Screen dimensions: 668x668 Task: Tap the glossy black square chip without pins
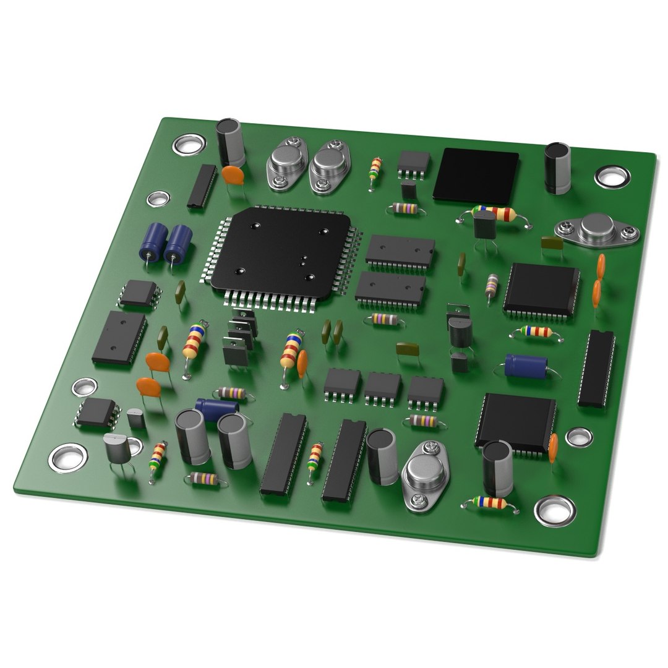click(476, 176)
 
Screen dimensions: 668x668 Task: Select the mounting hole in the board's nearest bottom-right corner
click(555, 510)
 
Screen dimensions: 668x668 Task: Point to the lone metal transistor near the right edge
click(597, 229)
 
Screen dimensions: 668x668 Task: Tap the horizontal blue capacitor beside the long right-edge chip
click(526, 365)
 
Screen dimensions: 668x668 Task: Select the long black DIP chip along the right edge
click(596, 368)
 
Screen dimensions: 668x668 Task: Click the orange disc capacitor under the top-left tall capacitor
click(233, 175)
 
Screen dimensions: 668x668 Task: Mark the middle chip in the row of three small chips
click(382, 388)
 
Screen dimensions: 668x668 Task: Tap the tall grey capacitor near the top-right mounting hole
click(557, 167)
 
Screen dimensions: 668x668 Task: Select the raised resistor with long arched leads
click(494, 214)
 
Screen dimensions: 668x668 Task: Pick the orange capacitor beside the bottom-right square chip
click(552, 444)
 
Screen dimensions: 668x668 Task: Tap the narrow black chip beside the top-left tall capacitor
click(202, 186)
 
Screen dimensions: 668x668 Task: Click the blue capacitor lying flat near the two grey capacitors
click(216, 406)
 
